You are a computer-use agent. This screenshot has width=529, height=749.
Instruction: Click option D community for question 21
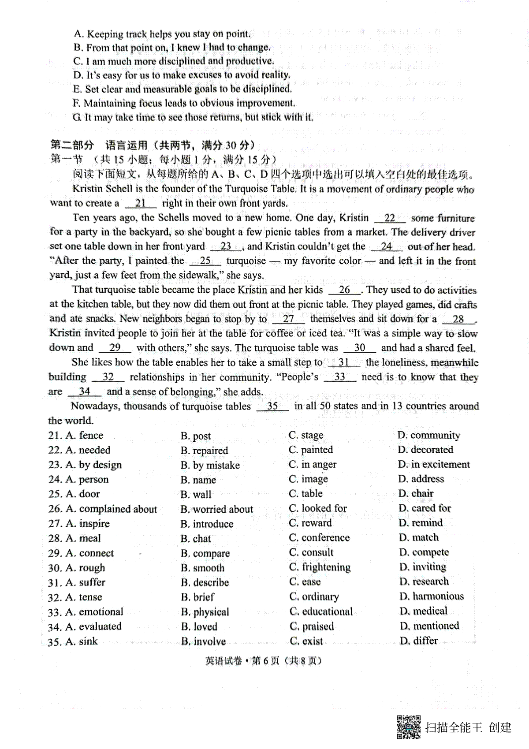[428, 436]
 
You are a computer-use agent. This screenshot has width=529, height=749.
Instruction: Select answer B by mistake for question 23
[210, 465]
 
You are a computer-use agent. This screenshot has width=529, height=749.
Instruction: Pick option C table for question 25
[305, 494]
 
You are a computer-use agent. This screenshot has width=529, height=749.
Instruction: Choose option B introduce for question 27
[207, 524]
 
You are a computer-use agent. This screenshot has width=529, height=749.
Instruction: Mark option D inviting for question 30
[423, 567]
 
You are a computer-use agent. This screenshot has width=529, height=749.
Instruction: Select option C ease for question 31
[305, 582]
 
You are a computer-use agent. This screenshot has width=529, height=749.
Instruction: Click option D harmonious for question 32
[432, 596]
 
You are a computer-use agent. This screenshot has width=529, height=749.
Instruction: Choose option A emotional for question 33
[94, 612]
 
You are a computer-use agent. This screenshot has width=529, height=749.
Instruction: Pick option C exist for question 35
[306, 641]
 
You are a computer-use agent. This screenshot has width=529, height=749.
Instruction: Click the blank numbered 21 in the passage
[141, 204]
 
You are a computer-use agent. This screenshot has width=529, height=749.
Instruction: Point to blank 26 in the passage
[345, 290]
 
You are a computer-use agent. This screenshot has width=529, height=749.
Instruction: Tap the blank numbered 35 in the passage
[272, 406]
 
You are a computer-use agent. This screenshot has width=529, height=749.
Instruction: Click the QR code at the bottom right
[409, 727]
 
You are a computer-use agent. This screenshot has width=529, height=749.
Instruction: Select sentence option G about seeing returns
[193, 118]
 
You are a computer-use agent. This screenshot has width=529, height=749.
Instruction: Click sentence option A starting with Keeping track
[162, 34]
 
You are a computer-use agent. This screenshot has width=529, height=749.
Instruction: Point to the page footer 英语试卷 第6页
[264, 661]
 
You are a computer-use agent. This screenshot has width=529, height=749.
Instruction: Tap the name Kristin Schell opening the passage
[102, 189]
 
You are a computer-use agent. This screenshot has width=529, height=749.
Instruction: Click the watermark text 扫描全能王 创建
[468, 727]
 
